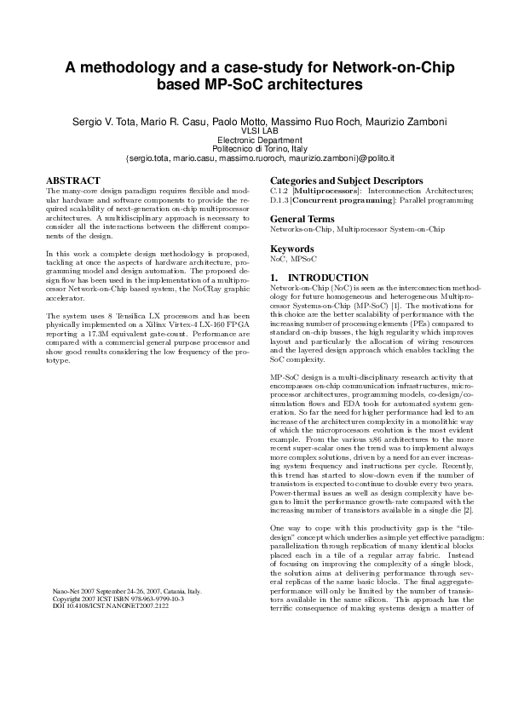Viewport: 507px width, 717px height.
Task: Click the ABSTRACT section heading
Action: coord(72,181)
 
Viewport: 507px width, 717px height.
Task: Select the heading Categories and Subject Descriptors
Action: coord(346,181)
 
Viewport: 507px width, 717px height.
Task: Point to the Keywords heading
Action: coord(293,249)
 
